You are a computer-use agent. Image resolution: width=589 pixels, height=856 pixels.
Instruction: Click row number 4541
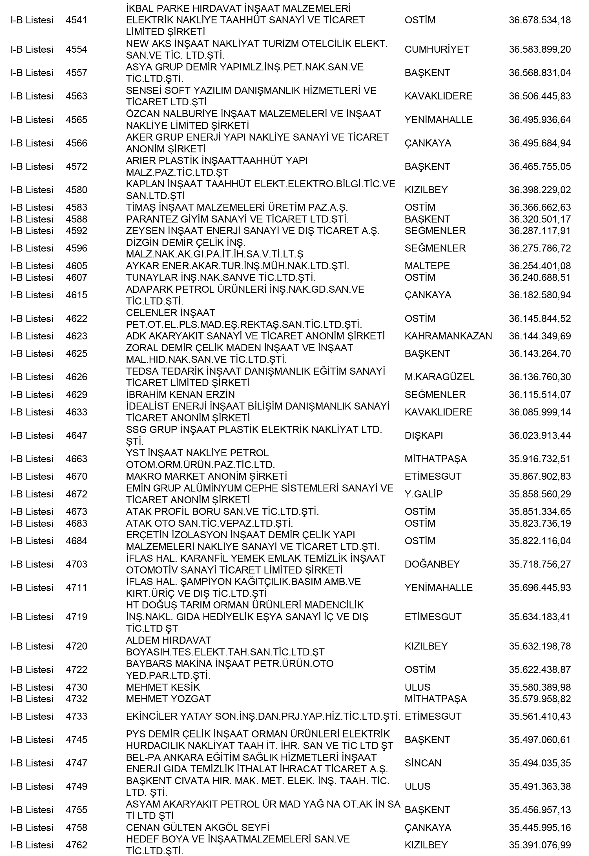pyautogui.click(x=76, y=20)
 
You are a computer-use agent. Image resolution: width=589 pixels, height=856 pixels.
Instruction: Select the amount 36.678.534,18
pyautogui.click(x=540, y=20)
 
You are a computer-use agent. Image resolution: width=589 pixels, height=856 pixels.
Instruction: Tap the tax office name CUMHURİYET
pyautogui.click(x=437, y=49)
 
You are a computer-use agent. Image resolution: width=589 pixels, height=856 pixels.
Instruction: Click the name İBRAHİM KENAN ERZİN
pyautogui.click(x=180, y=395)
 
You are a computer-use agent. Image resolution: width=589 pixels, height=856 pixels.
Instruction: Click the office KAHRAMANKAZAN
pyautogui.click(x=448, y=336)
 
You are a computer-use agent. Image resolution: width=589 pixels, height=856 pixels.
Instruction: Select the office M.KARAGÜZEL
pyautogui.click(x=439, y=377)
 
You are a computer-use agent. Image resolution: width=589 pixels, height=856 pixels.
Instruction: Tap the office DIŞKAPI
pyautogui.click(x=424, y=435)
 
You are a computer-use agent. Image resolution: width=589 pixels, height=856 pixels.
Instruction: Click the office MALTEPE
pyautogui.click(x=427, y=266)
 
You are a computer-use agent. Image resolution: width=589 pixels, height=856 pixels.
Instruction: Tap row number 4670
pyautogui.click(x=76, y=477)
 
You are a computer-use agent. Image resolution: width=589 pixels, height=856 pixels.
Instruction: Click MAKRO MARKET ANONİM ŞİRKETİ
pyautogui.click(x=206, y=477)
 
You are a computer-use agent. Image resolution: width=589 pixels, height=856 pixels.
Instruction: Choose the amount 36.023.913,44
pyautogui.click(x=540, y=435)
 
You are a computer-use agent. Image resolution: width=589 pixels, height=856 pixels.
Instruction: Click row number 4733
pyautogui.click(x=76, y=716)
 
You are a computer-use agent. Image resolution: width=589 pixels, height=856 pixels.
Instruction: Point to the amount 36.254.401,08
pyautogui.click(x=540, y=266)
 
